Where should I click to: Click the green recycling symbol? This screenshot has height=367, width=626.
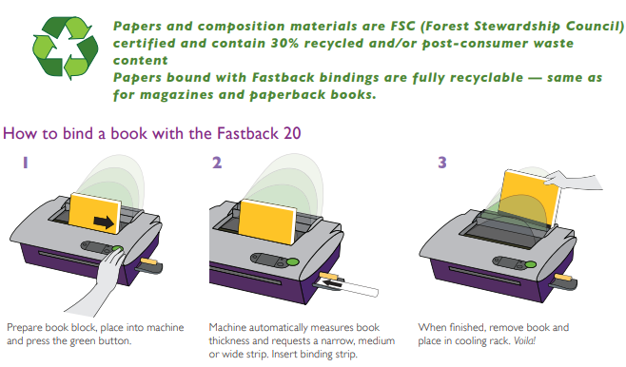65,48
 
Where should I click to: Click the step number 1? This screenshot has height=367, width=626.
25,163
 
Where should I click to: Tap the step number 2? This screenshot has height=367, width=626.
217,163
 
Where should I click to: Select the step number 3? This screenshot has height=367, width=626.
442,163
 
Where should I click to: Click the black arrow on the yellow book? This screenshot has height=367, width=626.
104,222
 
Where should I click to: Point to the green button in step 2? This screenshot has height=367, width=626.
293,262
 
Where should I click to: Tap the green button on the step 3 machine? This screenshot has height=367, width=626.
530,264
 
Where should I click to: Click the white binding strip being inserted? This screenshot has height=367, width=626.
346,285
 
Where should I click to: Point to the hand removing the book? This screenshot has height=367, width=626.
574,181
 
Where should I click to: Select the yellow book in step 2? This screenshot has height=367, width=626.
267,222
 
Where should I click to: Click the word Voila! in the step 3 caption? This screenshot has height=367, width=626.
524,341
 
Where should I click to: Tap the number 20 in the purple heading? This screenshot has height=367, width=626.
292,133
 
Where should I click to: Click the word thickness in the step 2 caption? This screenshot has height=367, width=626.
229,341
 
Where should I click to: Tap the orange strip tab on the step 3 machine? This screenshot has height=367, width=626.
563,277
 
